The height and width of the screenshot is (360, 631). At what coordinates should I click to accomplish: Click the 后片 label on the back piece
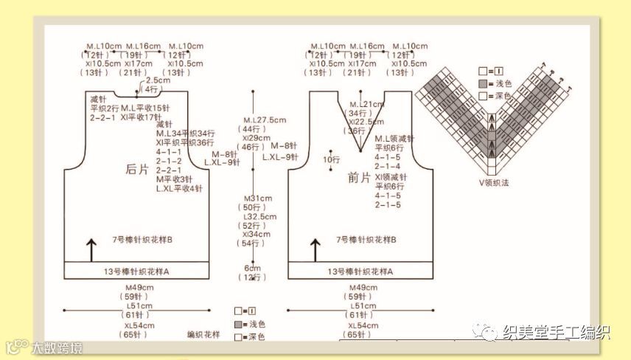(x=139, y=169)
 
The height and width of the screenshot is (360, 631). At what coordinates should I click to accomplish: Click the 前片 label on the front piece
(x=359, y=178)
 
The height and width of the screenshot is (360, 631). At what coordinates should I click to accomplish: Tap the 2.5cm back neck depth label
(x=157, y=80)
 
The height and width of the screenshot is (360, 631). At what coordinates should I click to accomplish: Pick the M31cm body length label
(x=258, y=199)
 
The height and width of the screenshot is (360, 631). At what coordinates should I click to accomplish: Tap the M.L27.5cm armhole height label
(x=264, y=120)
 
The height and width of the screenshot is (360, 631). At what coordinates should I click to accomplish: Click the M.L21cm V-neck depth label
(x=366, y=104)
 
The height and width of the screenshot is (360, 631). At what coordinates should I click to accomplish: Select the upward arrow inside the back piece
(x=91, y=250)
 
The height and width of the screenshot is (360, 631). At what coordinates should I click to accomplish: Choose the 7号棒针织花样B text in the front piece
(x=366, y=240)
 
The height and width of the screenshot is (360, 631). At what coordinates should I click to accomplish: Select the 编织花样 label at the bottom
(x=203, y=335)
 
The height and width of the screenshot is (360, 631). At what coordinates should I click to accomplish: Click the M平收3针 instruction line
(x=174, y=179)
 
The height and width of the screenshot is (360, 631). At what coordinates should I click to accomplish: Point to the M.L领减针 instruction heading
(x=394, y=139)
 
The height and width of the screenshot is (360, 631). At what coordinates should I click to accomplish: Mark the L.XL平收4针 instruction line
(x=179, y=189)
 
